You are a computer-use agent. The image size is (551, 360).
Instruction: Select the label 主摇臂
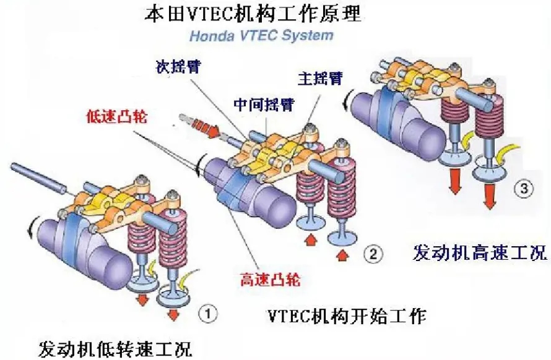[321, 79]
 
